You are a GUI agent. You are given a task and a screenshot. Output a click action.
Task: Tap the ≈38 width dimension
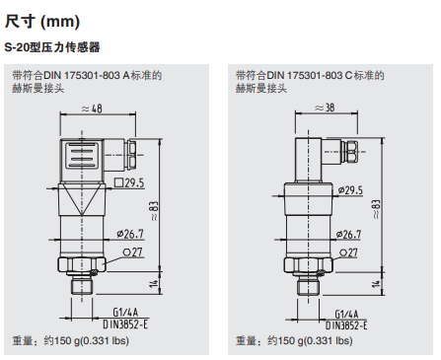coord(322,108)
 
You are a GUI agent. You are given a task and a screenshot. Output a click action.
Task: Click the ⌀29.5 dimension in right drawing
coord(350,189)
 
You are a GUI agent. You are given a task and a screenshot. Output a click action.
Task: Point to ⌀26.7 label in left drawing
coord(130,234)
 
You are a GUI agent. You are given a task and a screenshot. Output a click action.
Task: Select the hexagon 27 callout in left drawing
coord(134,252)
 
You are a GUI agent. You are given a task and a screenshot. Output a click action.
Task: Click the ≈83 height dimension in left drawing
coord(154,206)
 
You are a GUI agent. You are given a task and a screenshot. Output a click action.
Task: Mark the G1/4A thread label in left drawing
coord(128,310)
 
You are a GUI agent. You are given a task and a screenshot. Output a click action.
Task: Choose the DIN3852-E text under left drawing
coord(127,323)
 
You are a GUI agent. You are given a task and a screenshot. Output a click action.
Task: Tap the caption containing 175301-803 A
coord(86,76)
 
